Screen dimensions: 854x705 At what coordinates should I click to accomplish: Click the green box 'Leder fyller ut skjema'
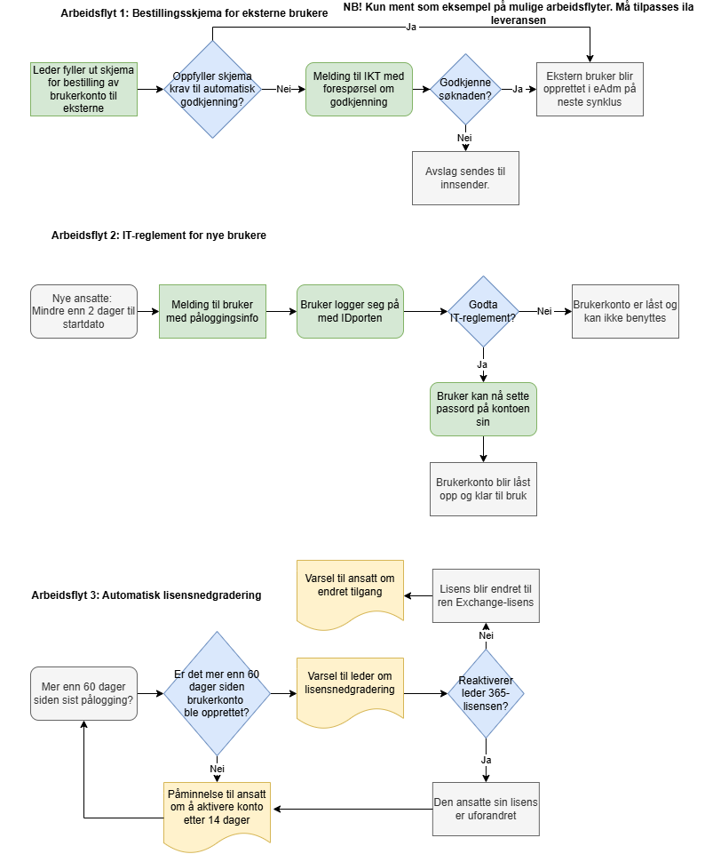(83, 89)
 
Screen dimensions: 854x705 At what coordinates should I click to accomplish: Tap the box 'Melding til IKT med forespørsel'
(359, 89)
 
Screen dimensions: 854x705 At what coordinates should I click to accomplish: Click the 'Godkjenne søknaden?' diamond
(465, 89)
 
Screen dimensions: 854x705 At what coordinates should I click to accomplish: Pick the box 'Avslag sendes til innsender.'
(465, 178)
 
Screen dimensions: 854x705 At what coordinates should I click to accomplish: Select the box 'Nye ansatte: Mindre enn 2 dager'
(83, 311)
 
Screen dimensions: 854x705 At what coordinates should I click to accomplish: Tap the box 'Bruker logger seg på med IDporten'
(350, 311)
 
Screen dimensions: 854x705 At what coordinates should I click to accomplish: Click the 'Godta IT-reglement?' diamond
(482, 311)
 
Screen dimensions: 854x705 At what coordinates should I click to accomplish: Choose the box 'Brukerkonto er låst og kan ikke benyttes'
(625, 311)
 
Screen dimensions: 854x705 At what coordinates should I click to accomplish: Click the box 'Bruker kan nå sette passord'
(483, 409)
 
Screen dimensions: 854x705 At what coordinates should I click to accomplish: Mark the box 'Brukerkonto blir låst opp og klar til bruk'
(483, 489)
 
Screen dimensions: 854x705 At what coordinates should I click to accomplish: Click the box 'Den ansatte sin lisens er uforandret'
(486, 809)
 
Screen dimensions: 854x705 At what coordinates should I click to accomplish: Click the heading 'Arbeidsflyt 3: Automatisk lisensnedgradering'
(147, 595)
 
